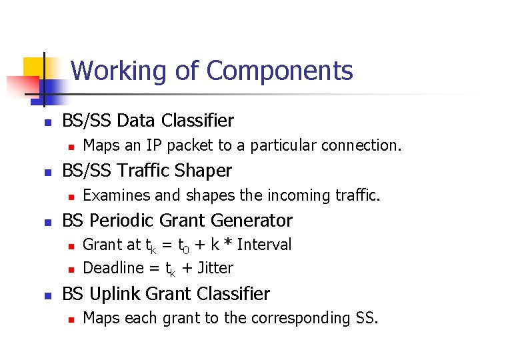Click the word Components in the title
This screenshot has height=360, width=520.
click(280, 71)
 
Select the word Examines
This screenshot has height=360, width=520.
click(111, 195)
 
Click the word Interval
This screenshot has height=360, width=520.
click(264, 245)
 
